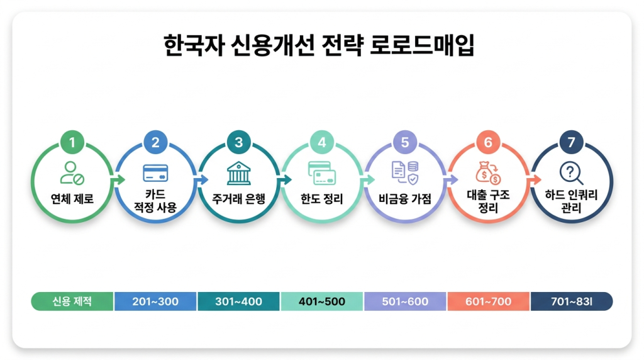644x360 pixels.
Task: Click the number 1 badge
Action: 72,143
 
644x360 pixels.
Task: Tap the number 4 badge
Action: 322,143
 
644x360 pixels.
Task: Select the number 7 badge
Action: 571,143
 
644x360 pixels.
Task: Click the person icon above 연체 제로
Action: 72,172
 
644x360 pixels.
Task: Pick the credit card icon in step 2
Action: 155,172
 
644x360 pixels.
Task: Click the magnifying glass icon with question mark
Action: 571,172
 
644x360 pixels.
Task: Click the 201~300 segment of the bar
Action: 155,301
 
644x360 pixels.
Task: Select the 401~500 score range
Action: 322,301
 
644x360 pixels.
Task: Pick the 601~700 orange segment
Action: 488,301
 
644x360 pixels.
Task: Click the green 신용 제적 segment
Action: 72,301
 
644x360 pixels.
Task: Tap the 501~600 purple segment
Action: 405,301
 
